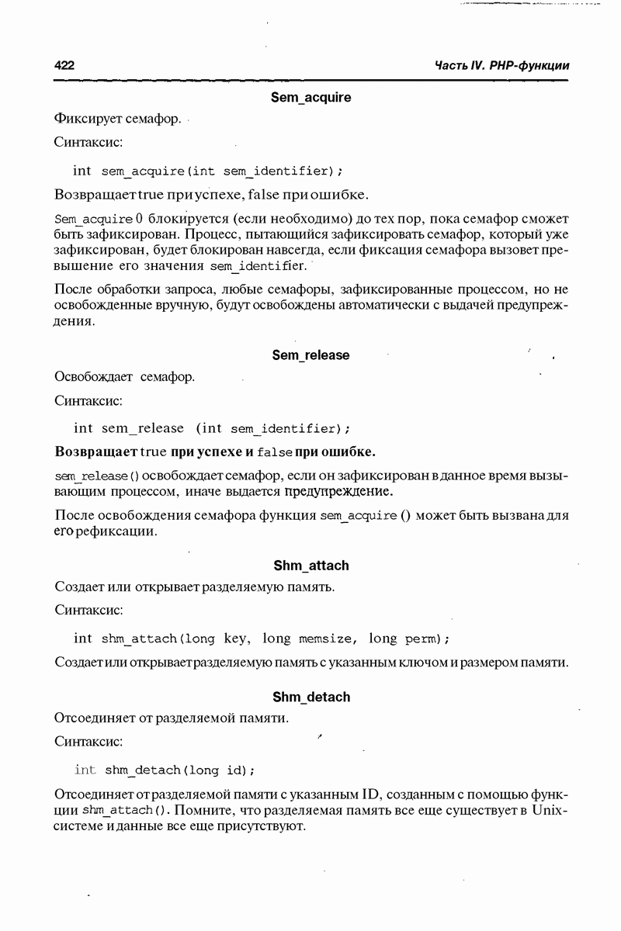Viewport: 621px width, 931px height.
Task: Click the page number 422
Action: [x=64, y=66]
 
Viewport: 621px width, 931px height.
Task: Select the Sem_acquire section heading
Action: [x=310, y=98]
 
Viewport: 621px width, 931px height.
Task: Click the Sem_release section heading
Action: [x=310, y=355]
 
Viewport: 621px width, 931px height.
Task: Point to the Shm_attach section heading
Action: [x=310, y=566]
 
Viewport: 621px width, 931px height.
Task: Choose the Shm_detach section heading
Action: [x=310, y=697]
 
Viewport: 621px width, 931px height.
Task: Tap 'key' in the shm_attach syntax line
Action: [x=235, y=639]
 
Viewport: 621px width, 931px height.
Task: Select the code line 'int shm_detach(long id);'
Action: [x=165, y=770]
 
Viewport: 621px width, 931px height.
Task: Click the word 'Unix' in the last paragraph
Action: [x=550, y=811]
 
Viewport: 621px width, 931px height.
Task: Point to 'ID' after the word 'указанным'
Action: [x=371, y=795]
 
